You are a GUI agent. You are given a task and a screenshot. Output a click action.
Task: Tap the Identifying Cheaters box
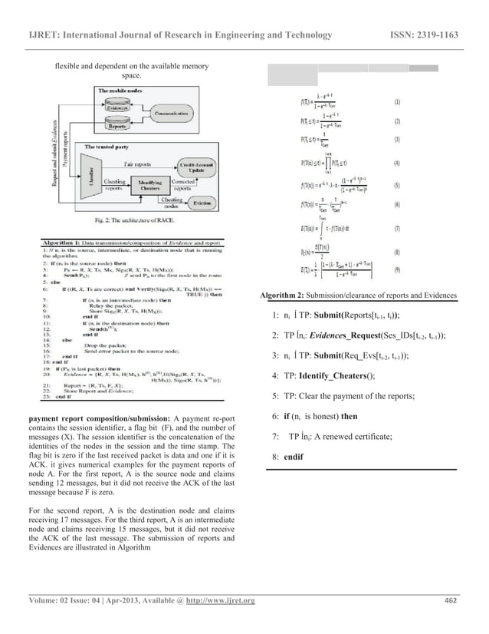coord(150,184)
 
